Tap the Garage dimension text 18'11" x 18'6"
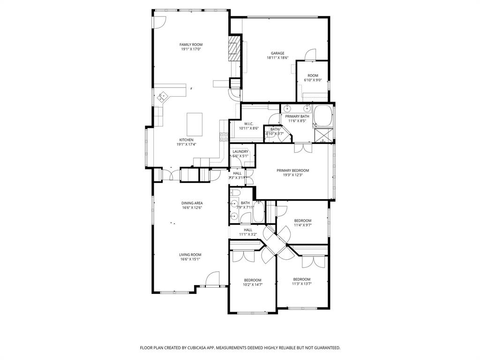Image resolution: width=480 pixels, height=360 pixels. [x=277, y=58]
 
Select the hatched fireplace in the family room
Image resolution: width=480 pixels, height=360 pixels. [x=233, y=48]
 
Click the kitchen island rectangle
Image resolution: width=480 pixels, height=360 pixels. [x=195, y=124]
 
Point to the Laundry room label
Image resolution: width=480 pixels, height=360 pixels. [x=240, y=151]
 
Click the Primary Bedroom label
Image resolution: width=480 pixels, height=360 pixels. [x=292, y=171]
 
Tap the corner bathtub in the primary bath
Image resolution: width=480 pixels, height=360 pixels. [x=322, y=116]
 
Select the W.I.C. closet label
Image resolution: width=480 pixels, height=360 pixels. [x=248, y=124]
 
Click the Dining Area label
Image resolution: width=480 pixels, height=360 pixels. [x=192, y=203]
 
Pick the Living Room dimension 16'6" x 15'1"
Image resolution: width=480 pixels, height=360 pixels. [x=190, y=259]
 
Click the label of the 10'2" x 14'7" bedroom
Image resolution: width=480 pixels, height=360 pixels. [x=252, y=280]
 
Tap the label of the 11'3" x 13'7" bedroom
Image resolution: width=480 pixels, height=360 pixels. [x=301, y=279]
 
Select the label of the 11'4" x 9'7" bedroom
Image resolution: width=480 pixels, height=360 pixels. [x=302, y=220]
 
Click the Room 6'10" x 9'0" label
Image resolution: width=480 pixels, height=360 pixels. [x=313, y=75]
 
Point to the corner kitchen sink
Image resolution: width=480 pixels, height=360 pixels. [x=163, y=97]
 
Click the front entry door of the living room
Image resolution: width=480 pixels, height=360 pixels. [x=212, y=279]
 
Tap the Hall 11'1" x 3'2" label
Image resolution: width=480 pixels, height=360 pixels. [x=248, y=230]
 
